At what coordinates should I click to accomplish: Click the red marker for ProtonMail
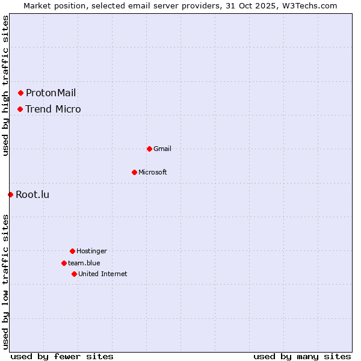20,93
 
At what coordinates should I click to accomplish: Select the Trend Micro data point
20,109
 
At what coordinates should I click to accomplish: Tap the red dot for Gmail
149,149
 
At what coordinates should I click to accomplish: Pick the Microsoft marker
134,172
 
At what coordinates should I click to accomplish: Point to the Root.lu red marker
10,194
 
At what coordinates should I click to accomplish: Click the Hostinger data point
72,251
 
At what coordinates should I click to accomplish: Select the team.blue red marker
64,263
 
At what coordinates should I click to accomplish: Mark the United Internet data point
74,274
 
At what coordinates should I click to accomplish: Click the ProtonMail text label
51,93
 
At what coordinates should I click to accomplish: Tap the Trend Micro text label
53,109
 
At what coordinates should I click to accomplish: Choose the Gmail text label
162,149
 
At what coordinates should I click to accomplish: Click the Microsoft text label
153,172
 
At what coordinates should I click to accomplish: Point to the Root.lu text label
32,194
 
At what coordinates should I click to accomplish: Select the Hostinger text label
91,251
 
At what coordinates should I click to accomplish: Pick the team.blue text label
84,263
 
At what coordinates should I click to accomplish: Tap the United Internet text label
103,274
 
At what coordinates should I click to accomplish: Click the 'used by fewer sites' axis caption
62,356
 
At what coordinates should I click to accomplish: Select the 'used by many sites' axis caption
302,356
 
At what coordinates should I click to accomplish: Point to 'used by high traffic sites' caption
5,85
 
